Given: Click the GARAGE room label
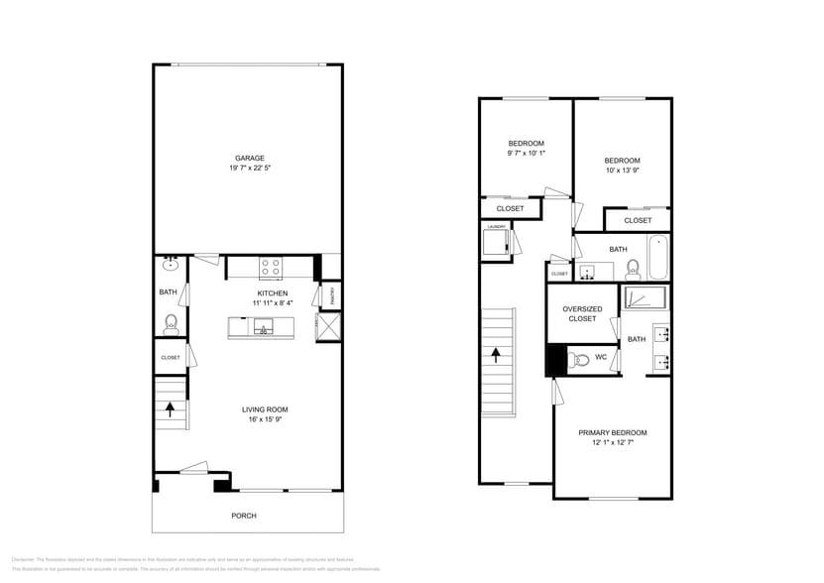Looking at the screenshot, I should [x=249, y=158].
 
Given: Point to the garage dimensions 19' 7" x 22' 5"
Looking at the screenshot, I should [x=249, y=168].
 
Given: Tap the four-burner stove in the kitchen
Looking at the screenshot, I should [x=270, y=266].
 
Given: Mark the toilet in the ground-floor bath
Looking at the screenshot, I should [x=171, y=322].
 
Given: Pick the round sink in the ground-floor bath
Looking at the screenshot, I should [x=171, y=264].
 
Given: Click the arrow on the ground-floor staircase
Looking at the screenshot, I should [x=170, y=408].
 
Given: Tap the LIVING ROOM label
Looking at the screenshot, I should [x=265, y=409].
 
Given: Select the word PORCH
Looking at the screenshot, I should [x=244, y=516].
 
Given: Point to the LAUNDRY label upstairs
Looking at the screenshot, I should [x=496, y=227].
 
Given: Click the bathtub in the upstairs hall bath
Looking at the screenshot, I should [x=657, y=258].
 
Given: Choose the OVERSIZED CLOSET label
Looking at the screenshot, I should [x=582, y=313].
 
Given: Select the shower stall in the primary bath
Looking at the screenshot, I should [x=646, y=296].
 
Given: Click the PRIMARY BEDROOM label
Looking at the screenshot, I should [x=612, y=432].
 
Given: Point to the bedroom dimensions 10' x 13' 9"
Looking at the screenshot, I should [x=622, y=171].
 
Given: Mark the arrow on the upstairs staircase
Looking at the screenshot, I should [x=497, y=354].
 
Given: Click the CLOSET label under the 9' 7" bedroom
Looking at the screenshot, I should [x=510, y=208].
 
